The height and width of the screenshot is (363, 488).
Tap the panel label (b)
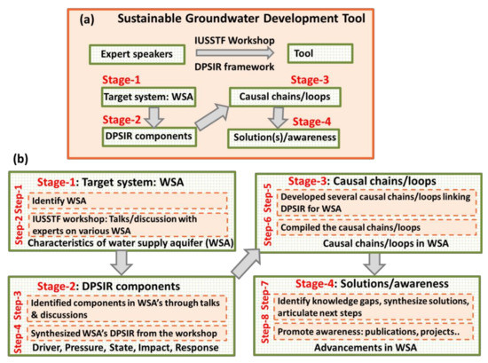coord(15,163)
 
